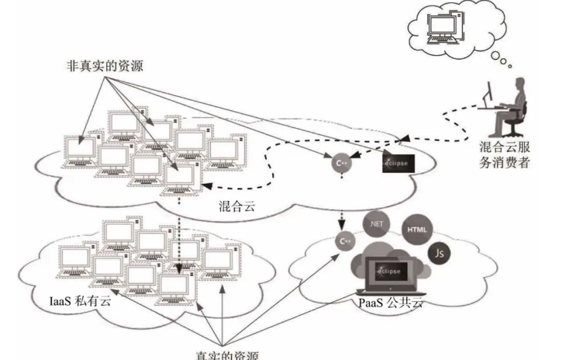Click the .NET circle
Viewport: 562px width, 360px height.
click(x=378, y=225)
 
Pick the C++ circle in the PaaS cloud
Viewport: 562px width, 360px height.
click(x=345, y=242)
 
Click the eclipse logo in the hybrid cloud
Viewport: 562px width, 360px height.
click(x=399, y=164)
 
